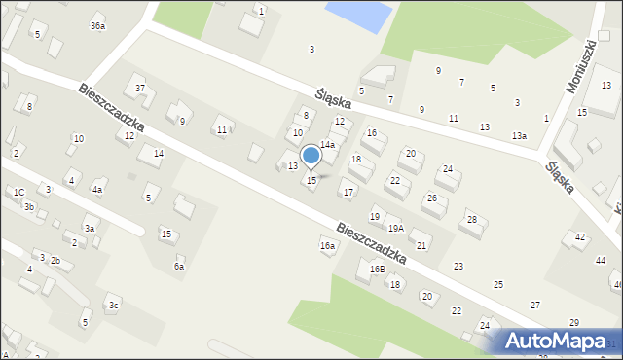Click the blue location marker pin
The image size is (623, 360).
pos(311,156)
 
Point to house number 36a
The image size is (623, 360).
pos(97,25)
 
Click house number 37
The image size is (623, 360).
pos(140,89)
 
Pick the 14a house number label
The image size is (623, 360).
pos(328,144)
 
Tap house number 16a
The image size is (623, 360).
pos(327,246)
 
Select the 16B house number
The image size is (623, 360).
pos(377,269)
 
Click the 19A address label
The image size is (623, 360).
pos(395,229)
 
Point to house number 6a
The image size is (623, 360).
pos(179,266)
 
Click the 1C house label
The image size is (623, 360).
pos(18,192)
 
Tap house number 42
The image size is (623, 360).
pos(580,237)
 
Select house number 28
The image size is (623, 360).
pos(471,220)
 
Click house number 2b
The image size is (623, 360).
pos(55,260)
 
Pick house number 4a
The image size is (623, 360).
pos(97,190)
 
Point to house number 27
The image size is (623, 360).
pos(534,306)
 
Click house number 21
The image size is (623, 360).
pos(421,245)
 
